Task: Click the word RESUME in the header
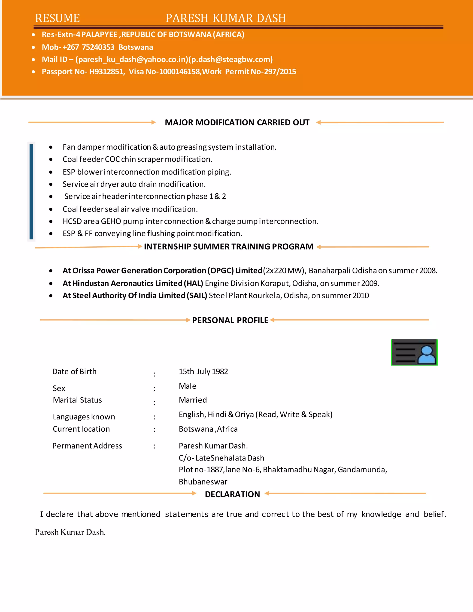[x=58, y=18]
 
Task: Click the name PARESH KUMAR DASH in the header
[x=226, y=18]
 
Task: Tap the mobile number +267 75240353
[x=88, y=47]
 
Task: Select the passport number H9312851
[x=107, y=72]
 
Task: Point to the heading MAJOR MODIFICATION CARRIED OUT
[x=237, y=122]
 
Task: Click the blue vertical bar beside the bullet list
[x=31, y=192]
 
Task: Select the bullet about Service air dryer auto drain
[x=134, y=184]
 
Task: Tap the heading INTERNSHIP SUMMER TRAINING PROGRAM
[x=229, y=247]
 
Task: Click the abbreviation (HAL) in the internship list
[x=193, y=283]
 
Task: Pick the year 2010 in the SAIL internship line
[x=361, y=296]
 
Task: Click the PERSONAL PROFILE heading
[x=230, y=320]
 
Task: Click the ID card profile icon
[x=414, y=352]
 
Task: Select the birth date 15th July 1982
[x=203, y=372]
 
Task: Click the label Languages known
[x=84, y=417]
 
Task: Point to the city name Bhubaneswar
[x=203, y=482]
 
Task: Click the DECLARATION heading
[x=232, y=494]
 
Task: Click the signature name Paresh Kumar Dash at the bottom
[x=70, y=532]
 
